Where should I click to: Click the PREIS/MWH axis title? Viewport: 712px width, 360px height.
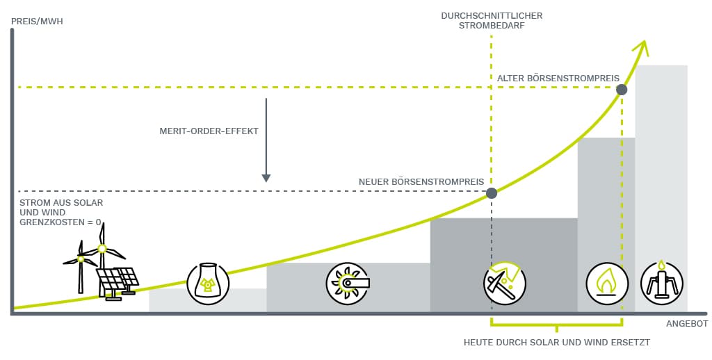[x=37, y=22]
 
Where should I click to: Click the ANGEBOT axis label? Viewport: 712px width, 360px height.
[x=686, y=324]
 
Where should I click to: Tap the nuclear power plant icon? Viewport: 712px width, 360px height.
[x=207, y=283]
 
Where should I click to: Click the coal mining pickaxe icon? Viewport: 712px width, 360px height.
[x=505, y=283]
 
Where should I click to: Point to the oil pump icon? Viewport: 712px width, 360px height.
[x=661, y=281]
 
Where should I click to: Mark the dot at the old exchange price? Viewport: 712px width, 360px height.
[x=622, y=89]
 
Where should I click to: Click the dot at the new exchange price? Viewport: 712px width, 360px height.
[x=492, y=193]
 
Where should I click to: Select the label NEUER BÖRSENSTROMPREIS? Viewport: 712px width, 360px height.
[x=421, y=182]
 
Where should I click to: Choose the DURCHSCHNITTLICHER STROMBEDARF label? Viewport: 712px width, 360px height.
[x=492, y=20]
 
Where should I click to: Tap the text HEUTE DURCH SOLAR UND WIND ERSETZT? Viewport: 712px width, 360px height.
[x=556, y=343]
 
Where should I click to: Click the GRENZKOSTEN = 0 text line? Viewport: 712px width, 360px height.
[x=60, y=222]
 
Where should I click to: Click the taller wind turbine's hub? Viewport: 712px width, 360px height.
[x=102, y=248]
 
